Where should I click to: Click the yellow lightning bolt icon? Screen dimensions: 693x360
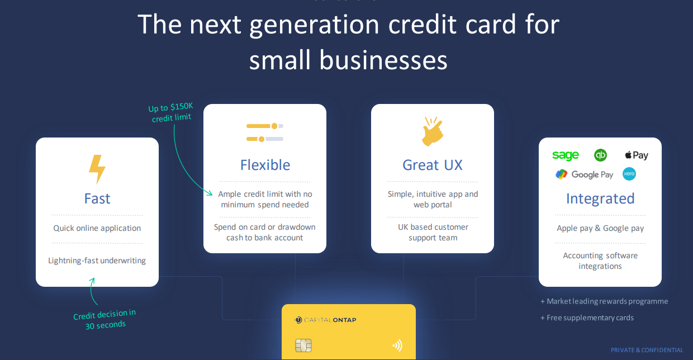pos(97,169)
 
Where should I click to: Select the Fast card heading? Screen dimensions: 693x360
pos(97,199)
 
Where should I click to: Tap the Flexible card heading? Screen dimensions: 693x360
pos(265,165)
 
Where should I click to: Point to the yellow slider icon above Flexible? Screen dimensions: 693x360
pos(265,132)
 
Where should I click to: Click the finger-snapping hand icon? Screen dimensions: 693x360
pos(433,131)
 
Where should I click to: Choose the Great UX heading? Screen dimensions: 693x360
pos(433,165)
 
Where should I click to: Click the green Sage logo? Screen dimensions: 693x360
pos(566,155)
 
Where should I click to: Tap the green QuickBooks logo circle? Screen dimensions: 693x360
pos(600,155)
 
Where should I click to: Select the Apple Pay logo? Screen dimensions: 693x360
pos(637,155)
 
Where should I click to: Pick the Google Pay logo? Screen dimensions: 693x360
pos(584,174)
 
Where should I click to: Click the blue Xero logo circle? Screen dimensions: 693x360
pos(629,174)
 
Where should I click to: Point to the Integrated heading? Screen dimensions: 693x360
pos(600,199)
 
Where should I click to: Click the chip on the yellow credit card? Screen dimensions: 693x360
pos(303,345)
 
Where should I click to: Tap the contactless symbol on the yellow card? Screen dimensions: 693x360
pos(397,345)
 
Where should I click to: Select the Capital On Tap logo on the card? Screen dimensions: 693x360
pos(325,320)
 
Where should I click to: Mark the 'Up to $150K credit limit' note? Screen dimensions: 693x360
pos(171,113)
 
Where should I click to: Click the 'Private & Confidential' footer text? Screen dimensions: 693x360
pos(647,350)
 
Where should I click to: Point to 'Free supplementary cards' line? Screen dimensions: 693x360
pos(587,318)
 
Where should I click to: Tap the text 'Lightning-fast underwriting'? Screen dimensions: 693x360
pos(97,260)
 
